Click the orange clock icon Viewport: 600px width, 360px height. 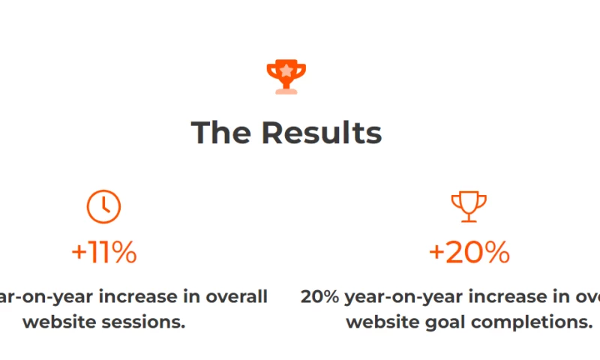(103, 207)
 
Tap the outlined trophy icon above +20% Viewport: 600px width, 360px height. (469, 207)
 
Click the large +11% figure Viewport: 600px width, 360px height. (103, 253)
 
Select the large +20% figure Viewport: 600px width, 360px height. (469, 253)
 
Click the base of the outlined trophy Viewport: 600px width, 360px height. (469, 220)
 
